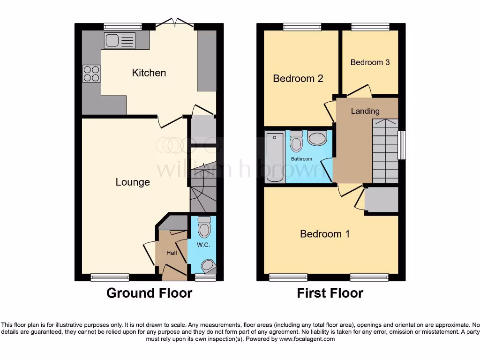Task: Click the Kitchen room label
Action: click(149, 73)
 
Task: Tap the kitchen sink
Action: click(120, 40)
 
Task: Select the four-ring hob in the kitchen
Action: click(91, 73)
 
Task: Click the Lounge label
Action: click(133, 182)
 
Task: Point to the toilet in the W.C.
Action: click(204, 228)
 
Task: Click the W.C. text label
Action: click(202, 245)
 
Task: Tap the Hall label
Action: click(172, 253)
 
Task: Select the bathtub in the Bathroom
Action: click(275, 157)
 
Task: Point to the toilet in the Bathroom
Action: click(296, 141)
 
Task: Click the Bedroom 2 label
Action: click(298, 78)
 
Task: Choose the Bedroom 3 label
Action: click(370, 62)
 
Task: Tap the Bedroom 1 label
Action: click(325, 233)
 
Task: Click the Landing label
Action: click(365, 111)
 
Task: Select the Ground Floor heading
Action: click(149, 293)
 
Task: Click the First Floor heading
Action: click(330, 293)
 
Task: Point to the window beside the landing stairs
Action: click(402, 145)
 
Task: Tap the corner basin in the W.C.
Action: click(209, 266)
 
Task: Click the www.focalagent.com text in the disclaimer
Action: click(307, 339)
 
